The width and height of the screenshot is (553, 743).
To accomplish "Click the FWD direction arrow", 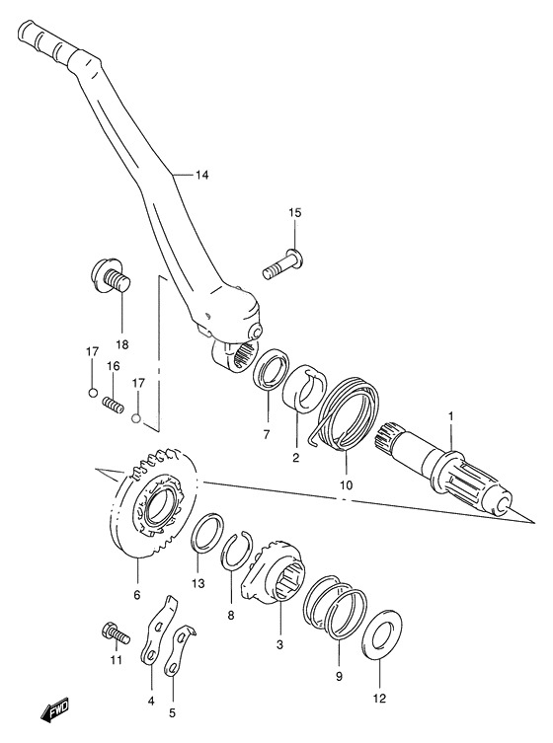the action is [x=55, y=710].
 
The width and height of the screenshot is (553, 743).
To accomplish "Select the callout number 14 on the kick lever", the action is [x=201, y=176].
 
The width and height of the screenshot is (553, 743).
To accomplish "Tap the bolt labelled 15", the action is [x=282, y=263].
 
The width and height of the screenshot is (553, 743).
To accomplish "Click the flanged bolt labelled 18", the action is [x=110, y=275].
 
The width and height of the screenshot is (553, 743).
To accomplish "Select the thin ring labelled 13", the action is [x=206, y=532].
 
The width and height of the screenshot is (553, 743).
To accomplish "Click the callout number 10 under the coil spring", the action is [x=346, y=484].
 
